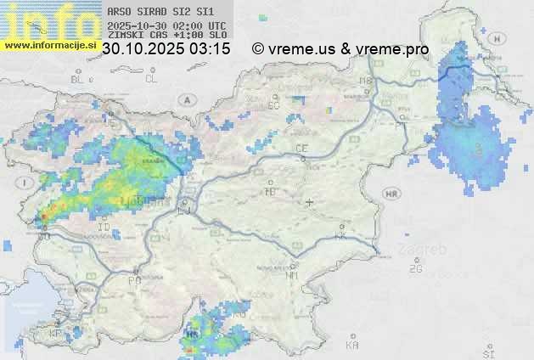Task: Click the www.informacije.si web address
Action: pos(49,45)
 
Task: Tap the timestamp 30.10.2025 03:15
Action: pos(166,49)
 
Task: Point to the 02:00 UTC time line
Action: pos(167,25)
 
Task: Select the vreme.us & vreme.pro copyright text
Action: pos(340,49)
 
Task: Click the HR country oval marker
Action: pos(391,194)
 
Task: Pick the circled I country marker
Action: pos(27,183)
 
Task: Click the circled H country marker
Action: pos(495,38)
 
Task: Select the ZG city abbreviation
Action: pos(415,269)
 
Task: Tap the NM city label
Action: pos(293,276)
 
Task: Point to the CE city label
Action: pos(301,149)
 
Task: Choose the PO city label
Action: pos(134,280)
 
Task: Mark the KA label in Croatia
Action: pos(352,346)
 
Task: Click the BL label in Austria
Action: pos(77,79)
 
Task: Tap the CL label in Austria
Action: pos(151,79)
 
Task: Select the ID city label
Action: pos(104,228)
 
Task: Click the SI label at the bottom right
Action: pos(487,352)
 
